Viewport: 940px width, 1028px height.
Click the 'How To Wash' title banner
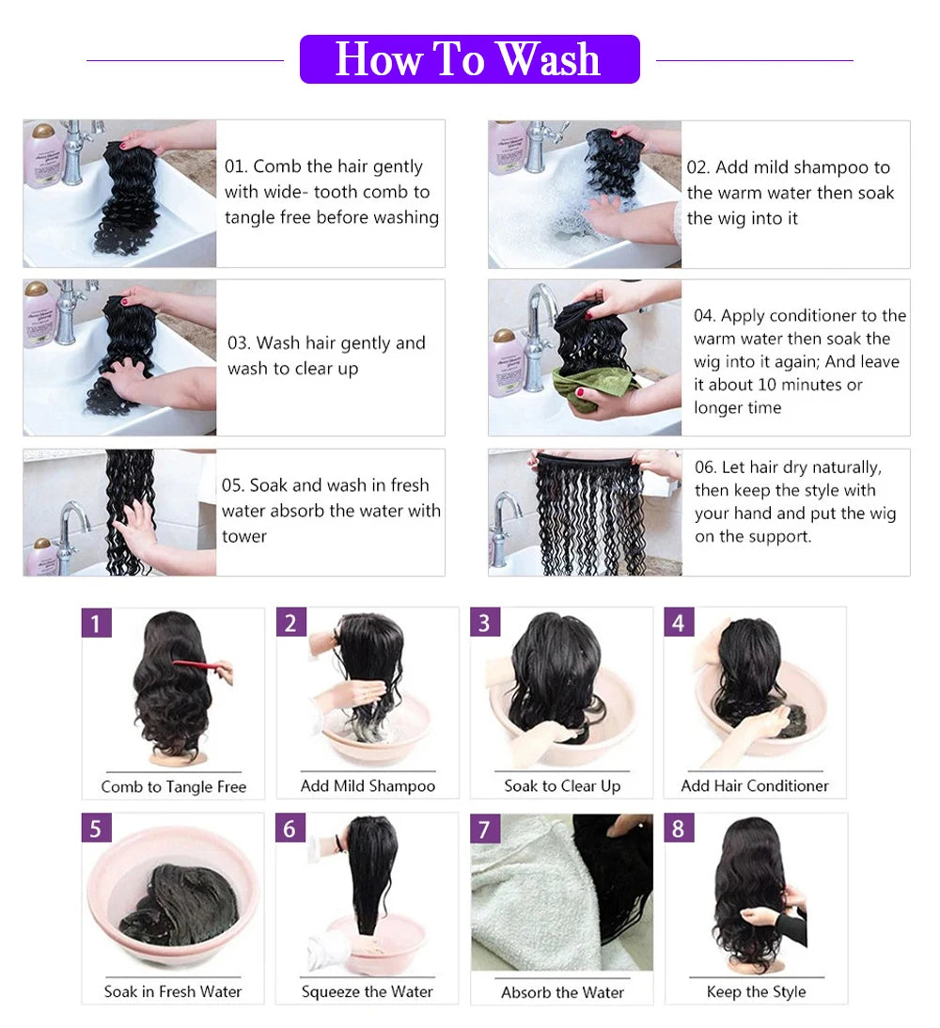469,59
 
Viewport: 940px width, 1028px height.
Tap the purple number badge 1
97,623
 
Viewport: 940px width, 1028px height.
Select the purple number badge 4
678,623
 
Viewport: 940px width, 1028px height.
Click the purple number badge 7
485,829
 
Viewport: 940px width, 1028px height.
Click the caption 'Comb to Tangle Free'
174,787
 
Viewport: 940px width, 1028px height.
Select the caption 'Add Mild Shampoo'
368,786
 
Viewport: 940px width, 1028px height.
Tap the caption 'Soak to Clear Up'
562,786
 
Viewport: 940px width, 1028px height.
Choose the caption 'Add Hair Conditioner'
755,786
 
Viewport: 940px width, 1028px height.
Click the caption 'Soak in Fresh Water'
173,991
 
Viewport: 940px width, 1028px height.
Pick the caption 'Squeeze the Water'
368,991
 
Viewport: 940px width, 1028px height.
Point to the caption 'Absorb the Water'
562,992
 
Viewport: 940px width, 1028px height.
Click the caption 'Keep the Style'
756,991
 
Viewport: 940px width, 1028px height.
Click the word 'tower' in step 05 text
244,537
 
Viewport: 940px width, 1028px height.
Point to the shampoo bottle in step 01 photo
42,155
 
